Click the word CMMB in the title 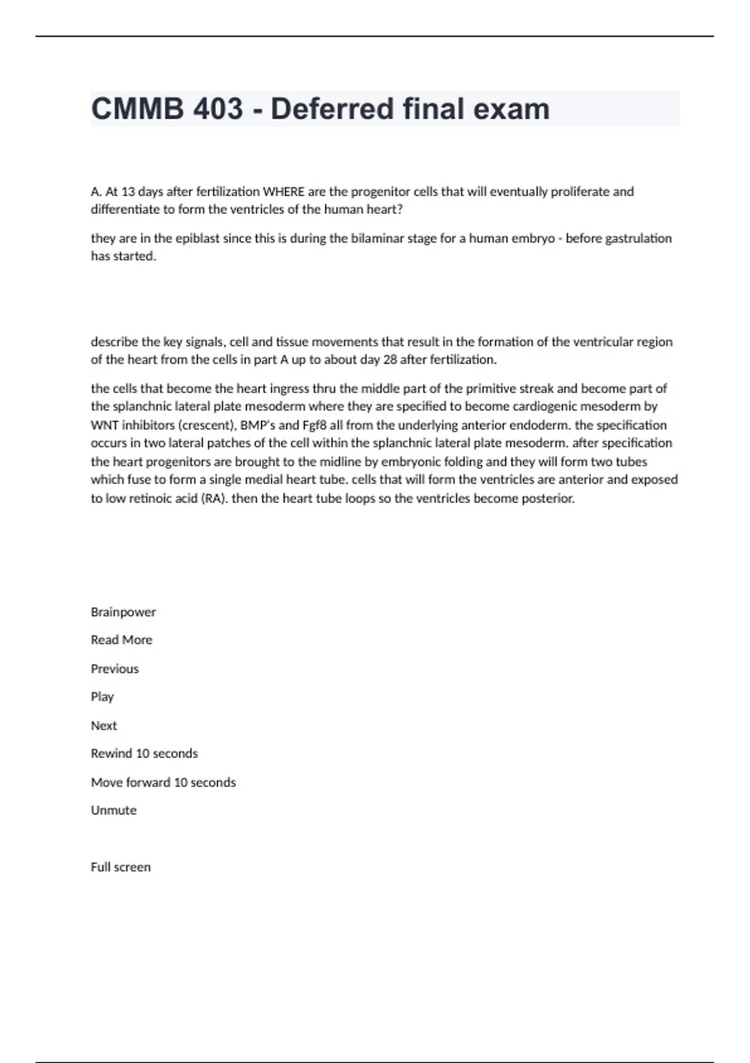137,109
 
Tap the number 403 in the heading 218,109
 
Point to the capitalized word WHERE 284,191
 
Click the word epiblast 197,238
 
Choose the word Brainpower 123,612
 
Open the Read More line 121,640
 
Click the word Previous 114,668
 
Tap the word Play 102,697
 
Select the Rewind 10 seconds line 144,753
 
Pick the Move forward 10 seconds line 163,782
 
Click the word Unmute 113,810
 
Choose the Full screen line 121,867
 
